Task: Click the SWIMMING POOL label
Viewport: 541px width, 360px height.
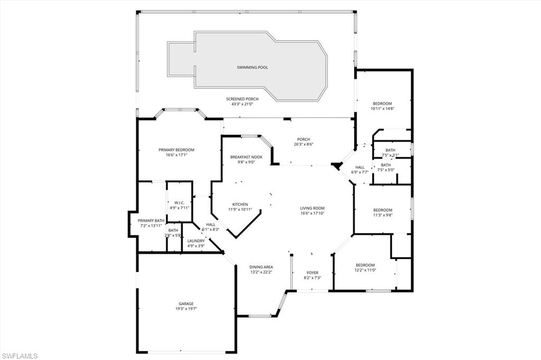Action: point(248,68)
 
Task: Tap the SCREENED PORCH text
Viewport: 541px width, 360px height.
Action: point(242,99)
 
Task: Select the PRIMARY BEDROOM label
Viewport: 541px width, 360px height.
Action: point(176,150)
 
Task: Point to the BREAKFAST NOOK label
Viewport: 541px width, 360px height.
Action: point(246,157)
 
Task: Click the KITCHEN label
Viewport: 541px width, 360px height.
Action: point(240,204)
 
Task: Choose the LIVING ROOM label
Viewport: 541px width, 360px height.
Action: point(312,208)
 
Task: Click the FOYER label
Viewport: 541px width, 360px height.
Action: point(312,272)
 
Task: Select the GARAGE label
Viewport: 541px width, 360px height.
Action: point(185,304)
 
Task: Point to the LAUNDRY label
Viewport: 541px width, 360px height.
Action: point(196,241)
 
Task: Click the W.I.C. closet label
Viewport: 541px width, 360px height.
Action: point(179,203)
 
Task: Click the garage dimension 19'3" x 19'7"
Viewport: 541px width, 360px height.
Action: point(185,309)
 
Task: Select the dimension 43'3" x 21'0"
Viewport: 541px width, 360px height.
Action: point(242,104)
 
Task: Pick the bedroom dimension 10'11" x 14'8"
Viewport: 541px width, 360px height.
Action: point(384,109)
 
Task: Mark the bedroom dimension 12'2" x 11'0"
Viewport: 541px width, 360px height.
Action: point(365,270)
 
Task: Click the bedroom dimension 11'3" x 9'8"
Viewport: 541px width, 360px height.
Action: point(383,215)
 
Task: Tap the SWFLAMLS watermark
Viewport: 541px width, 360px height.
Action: point(20,355)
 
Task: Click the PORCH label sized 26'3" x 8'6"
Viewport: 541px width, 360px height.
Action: point(303,139)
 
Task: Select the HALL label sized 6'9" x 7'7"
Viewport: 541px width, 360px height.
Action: point(360,167)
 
